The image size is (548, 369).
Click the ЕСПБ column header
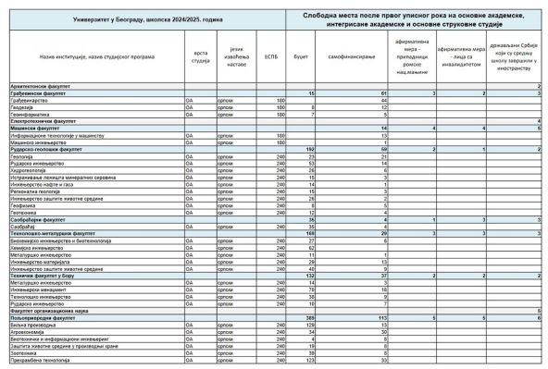pos(271,56)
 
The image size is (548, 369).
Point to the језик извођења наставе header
pos(236,56)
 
